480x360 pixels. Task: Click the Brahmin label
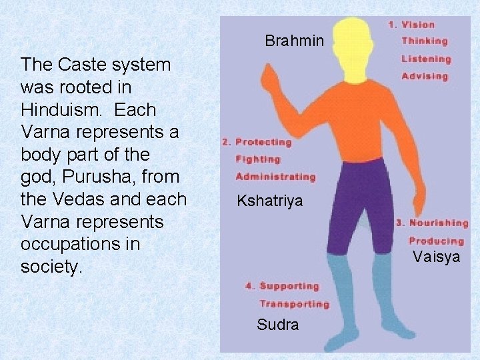point(294,41)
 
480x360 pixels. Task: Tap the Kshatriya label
point(269,201)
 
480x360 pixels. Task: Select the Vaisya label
point(435,257)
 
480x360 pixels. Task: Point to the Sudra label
point(277,325)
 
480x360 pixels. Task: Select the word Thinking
point(425,41)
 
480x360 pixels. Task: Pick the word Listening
point(426,59)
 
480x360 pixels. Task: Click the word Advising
point(425,76)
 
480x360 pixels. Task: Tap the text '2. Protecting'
point(257,142)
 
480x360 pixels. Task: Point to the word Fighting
point(258,159)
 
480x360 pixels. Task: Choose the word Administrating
point(275,177)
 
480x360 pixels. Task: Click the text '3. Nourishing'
point(432,223)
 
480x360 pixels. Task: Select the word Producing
point(436,241)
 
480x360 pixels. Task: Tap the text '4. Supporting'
point(283,286)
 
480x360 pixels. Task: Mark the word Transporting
point(294,304)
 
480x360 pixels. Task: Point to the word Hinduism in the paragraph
point(55,109)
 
